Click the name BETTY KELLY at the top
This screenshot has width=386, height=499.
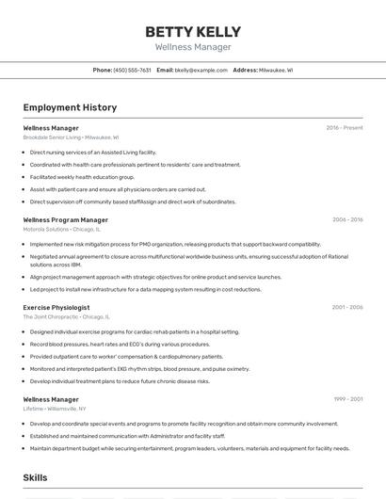(x=192, y=31)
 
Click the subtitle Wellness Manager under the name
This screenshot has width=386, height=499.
(x=192, y=47)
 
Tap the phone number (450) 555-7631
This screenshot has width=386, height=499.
(x=132, y=70)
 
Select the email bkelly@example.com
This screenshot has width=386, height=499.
(x=201, y=70)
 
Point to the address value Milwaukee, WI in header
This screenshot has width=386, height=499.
(x=276, y=70)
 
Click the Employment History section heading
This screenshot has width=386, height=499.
(x=70, y=107)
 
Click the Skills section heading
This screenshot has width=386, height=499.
(x=35, y=478)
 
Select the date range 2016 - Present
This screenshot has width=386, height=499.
(x=344, y=128)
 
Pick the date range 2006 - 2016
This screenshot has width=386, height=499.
(x=346, y=220)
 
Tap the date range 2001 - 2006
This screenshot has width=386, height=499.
(x=346, y=308)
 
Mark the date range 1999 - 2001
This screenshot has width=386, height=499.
(x=346, y=400)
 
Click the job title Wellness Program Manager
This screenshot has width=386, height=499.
(x=66, y=220)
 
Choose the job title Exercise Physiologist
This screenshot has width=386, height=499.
(x=56, y=308)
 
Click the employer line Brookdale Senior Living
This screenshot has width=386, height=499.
(x=71, y=137)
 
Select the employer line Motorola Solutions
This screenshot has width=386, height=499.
(x=62, y=229)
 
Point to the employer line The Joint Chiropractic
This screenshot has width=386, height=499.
(x=63, y=317)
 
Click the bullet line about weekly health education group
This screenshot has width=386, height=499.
(x=96, y=177)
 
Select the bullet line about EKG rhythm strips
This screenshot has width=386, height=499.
(x=139, y=369)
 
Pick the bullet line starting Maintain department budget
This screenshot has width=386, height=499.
(x=188, y=448)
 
